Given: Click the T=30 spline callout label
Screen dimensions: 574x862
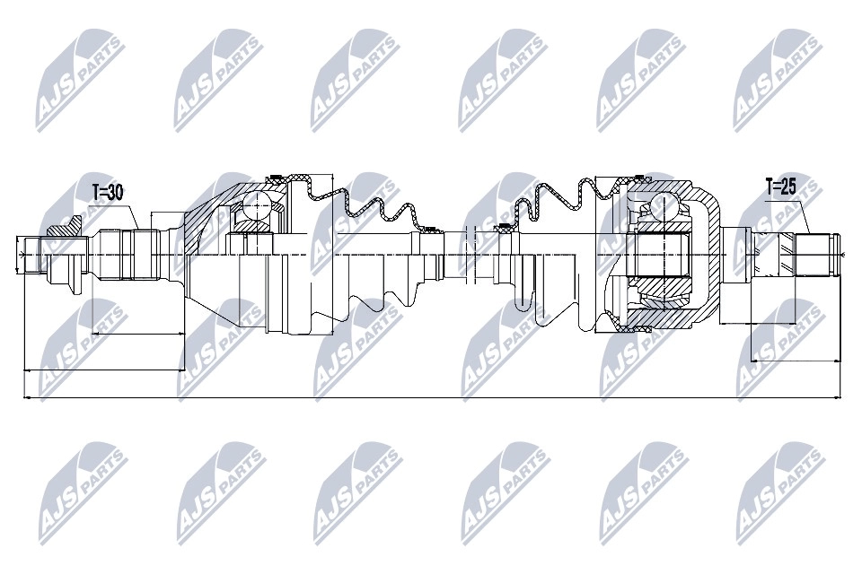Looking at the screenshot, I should [108, 191].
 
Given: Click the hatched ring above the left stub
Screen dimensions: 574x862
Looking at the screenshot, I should [65, 230].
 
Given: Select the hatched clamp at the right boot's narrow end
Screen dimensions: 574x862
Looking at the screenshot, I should [506, 226].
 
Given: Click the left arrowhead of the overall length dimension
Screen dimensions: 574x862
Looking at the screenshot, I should [25, 396].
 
